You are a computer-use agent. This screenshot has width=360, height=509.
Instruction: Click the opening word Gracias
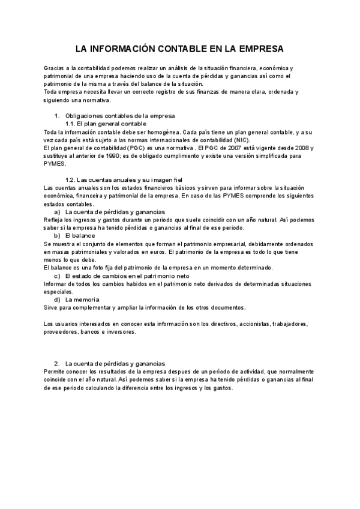point(54,69)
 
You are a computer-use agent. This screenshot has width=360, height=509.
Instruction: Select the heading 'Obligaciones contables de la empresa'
point(119,115)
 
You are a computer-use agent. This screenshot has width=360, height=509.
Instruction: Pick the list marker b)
point(58,236)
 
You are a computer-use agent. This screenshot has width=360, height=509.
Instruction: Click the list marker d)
point(58,299)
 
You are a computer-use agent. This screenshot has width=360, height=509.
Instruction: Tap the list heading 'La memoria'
point(82,299)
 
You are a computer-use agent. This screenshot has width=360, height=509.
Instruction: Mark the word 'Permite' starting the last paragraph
point(55,372)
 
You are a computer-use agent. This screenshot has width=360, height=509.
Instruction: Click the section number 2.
point(56,364)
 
